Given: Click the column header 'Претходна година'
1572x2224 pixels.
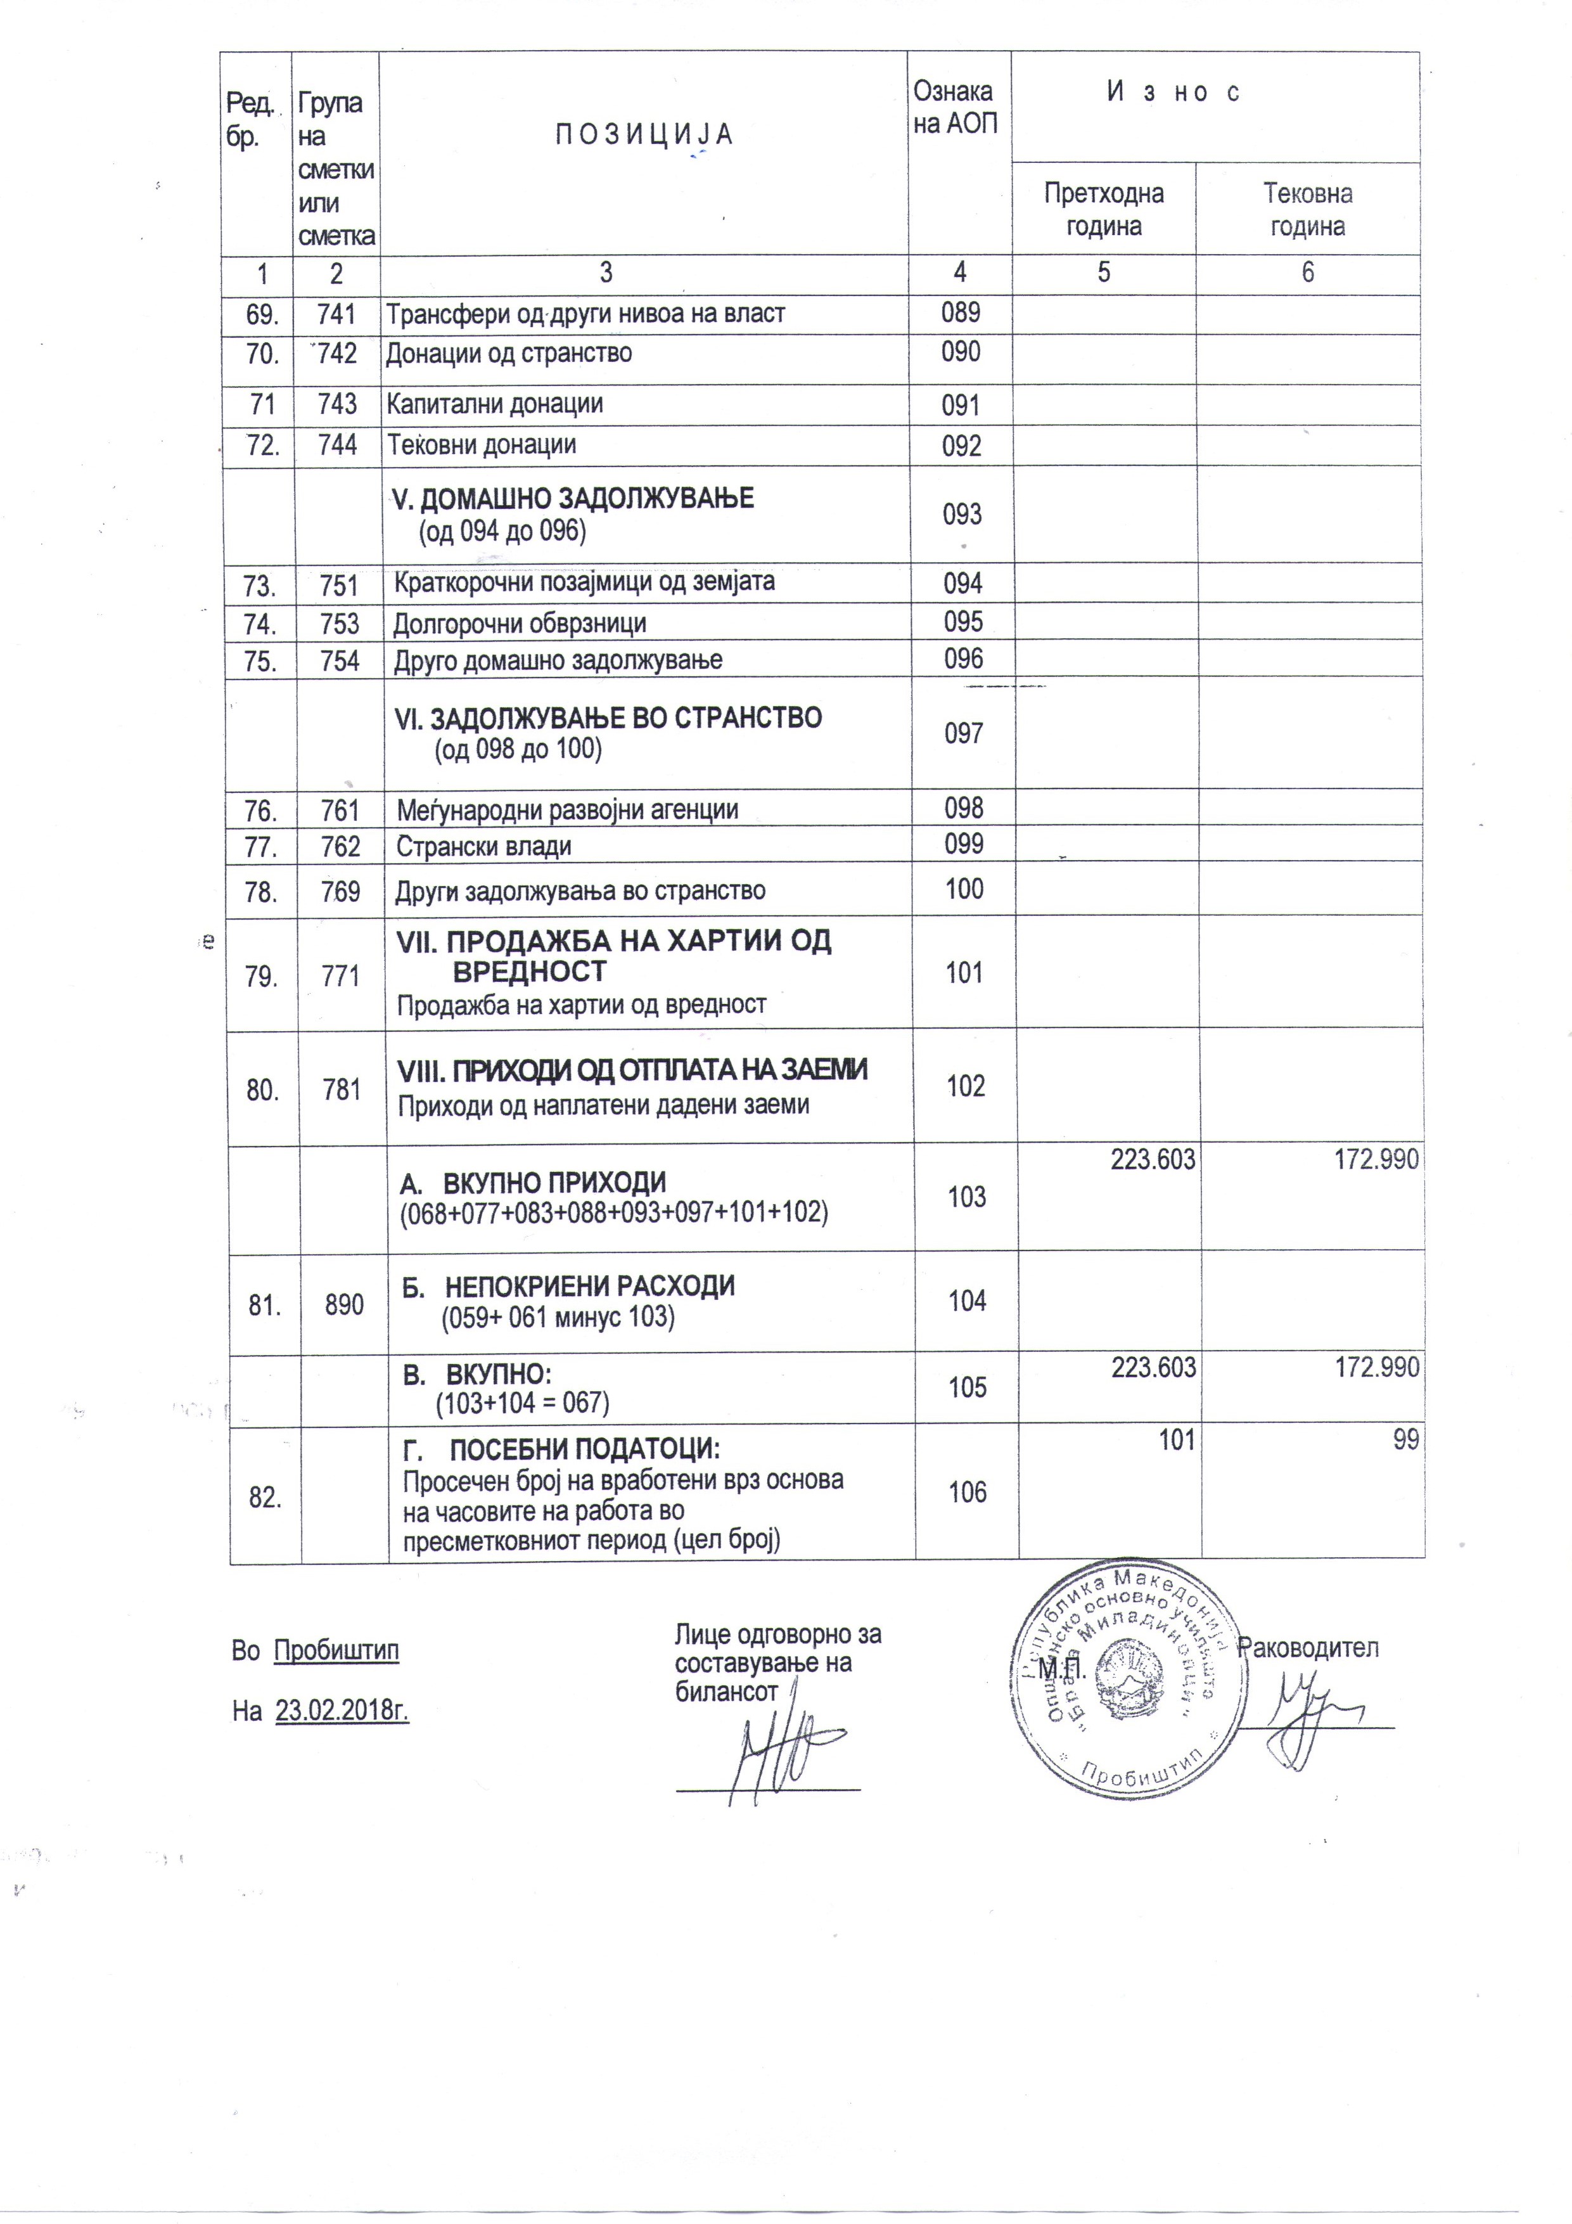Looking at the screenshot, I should coord(1103,209).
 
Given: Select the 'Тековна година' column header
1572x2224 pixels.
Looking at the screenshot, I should coord(1308,209).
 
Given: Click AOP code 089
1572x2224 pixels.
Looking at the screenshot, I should coord(960,313).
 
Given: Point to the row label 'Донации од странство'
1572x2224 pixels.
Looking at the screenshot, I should coord(509,354).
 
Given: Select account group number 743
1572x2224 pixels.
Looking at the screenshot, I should coord(337,404).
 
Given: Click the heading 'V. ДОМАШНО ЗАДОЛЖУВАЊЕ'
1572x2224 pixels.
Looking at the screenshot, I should coord(572,499).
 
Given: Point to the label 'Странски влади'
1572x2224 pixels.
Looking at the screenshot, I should coord(483,847).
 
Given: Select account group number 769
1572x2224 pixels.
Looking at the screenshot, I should coord(341,891).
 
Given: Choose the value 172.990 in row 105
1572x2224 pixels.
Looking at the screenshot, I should coord(1376,1368).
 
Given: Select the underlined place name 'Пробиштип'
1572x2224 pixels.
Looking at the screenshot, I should coord(336,1650).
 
